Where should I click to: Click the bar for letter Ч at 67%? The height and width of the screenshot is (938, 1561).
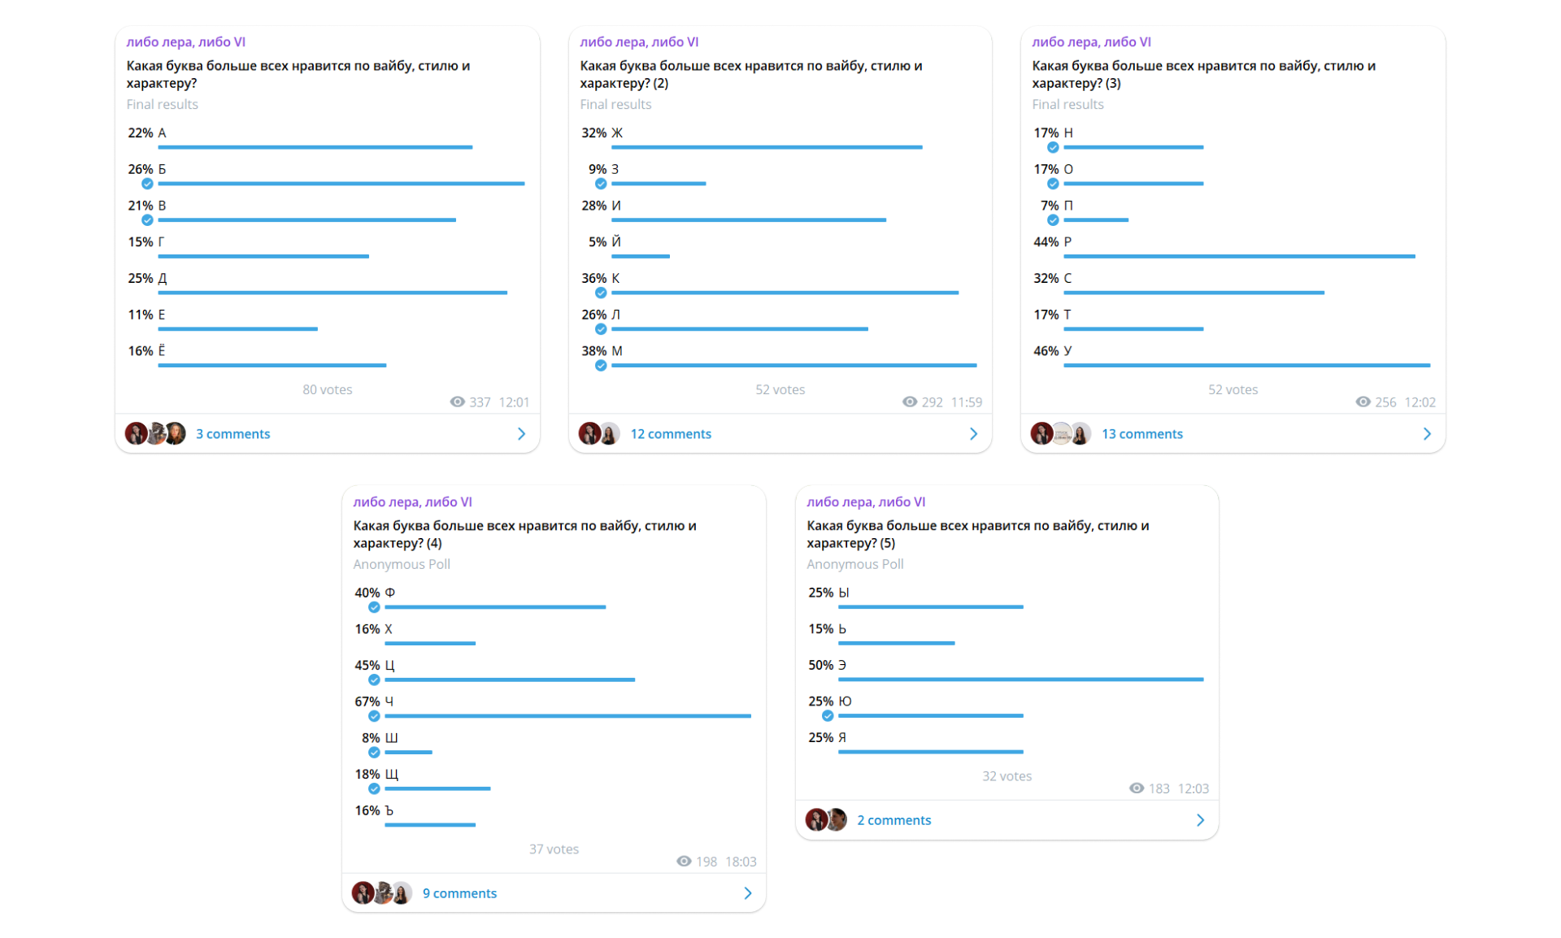567,716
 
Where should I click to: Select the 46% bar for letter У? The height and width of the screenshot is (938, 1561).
1246,366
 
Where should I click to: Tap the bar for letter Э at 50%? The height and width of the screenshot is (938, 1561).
1020,680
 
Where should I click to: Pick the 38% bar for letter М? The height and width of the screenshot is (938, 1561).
794,366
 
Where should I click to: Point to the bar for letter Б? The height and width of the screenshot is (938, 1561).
341,184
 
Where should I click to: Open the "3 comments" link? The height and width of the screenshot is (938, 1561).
233,434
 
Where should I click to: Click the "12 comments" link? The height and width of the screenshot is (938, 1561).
671,434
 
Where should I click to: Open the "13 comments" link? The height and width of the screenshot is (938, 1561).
1141,434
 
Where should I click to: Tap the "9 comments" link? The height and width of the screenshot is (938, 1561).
459,893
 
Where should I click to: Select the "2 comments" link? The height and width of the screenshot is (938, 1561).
894,820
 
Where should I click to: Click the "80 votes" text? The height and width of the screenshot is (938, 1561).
327,389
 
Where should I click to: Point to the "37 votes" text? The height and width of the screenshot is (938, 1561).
554,849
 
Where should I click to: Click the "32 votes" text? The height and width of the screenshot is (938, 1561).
1007,776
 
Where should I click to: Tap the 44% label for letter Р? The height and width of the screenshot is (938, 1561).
1046,242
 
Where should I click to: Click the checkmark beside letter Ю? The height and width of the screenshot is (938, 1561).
828,716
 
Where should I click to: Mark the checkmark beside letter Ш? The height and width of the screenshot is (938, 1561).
374,753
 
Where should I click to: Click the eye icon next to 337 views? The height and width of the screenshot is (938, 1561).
457,402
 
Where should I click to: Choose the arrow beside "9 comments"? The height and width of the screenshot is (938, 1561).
748,893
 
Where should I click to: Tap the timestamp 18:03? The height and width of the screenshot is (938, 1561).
741,862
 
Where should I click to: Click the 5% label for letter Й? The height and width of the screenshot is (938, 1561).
598,242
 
